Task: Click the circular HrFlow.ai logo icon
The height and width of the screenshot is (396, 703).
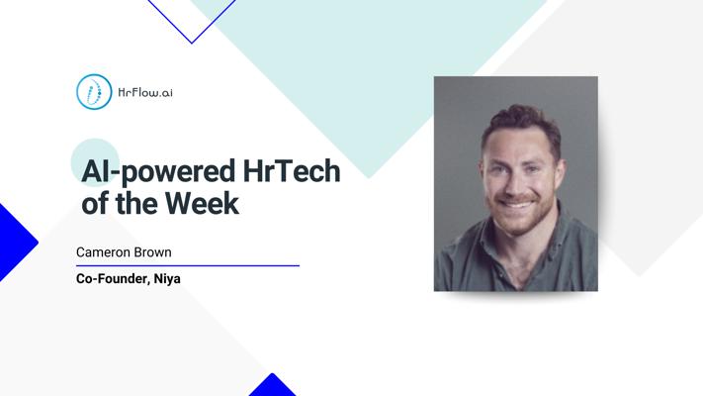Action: point(94,92)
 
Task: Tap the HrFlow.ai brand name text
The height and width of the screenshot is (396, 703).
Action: point(145,92)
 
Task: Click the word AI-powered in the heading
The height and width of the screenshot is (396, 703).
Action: point(158,172)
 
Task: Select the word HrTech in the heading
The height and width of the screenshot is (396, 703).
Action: point(292,170)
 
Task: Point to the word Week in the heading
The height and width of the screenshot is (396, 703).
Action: point(203,203)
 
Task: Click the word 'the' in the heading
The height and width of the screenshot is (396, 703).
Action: point(136,203)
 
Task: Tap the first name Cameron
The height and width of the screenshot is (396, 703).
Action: point(105,252)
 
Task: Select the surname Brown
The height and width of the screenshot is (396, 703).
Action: point(154,252)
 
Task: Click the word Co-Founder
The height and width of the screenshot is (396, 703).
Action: point(113,279)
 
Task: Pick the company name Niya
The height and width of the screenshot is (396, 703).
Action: point(167,279)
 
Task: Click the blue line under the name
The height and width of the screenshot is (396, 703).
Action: point(188,265)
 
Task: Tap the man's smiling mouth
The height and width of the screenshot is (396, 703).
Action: point(515,204)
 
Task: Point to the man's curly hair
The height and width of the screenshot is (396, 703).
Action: point(521,121)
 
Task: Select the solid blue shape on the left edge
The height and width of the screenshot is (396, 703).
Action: point(16,243)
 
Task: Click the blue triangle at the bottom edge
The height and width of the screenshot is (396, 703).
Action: point(272,386)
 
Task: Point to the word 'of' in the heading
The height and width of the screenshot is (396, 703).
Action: point(96,203)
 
